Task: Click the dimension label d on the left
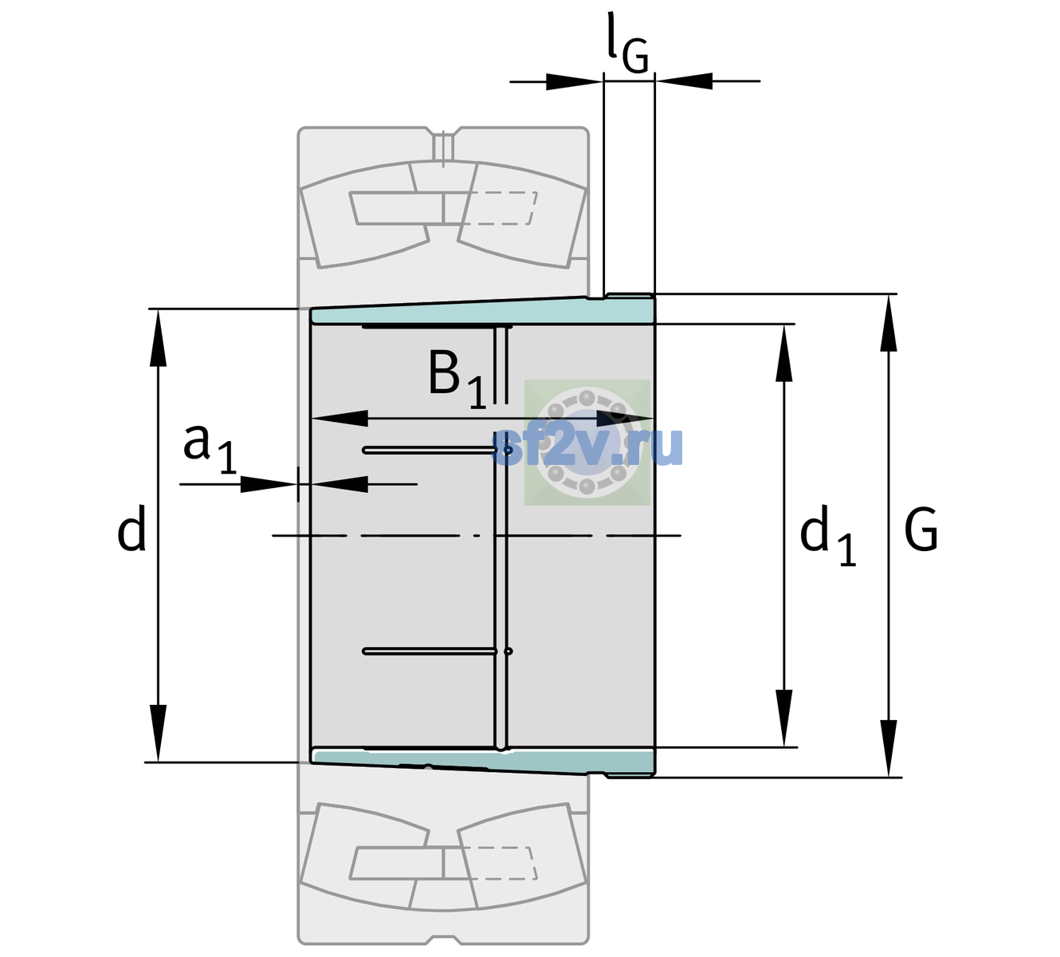click(132, 529)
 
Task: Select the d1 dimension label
click(828, 535)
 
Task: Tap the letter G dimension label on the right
click(921, 530)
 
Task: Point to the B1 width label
click(457, 379)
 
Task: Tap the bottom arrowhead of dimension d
click(158, 733)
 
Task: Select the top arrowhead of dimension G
click(889, 323)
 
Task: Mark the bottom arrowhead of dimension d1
click(783, 718)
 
